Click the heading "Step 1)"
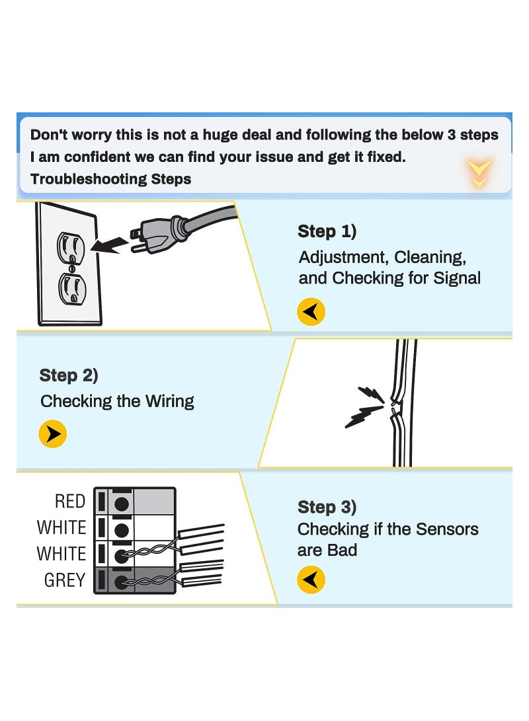click(x=327, y=231)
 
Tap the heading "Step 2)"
click(x=69, y=375)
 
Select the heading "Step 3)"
click(x=327, y=507)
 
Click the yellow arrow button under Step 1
click(x=311, y=311)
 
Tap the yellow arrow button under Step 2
click(x=53, y=434)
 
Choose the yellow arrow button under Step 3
click(x=311, y=580)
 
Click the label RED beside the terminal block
click(x=70, y=502)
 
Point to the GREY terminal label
click(x=65, y=580)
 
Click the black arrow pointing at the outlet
click(x=110, y=245)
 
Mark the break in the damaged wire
click(x=395, y=404)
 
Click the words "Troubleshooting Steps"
click(x=110, y=179)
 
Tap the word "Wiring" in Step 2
click(x=170, y=401)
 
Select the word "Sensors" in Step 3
click(x=448, y=529)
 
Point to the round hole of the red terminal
click(x=120, y=504)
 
